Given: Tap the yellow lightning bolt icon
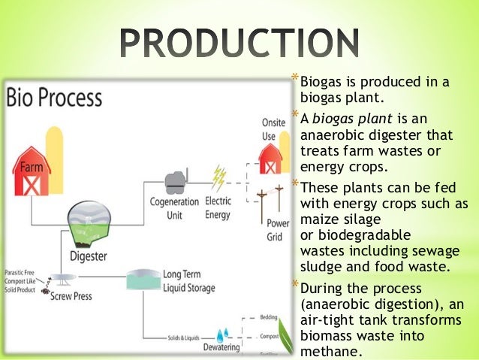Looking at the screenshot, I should [218, 178].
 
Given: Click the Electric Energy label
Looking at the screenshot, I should [218, 207].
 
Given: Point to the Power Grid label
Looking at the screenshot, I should [278, 230].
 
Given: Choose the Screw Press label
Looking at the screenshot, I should [71, 296].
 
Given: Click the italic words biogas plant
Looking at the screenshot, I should [347, 118].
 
